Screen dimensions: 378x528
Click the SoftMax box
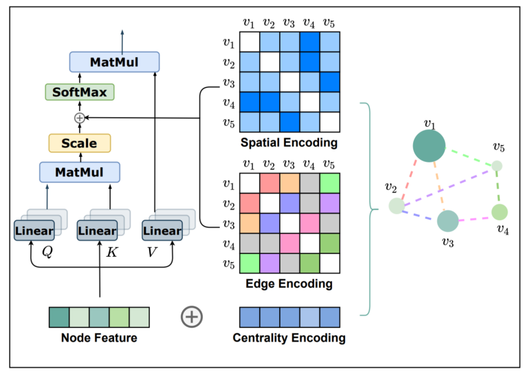[x=79, y=92]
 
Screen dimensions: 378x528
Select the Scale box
[x=79, y=143]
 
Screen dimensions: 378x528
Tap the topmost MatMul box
[x=114, y=63]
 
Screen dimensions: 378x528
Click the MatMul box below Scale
[x=79, y=171]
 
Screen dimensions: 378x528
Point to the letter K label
[x=112, y=252]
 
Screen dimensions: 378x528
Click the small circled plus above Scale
[x=79, y=118]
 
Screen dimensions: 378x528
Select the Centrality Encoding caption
[x=289, y=338]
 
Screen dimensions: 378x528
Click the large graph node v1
[x=430, y=147]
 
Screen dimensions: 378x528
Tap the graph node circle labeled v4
[x=500, y=212]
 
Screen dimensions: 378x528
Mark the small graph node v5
[x=496, y=166]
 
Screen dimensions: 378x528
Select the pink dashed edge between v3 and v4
[x=474, y=219]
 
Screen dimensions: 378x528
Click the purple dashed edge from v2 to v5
[x=447, y=186]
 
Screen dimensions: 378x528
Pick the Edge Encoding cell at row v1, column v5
[x=329, y=184]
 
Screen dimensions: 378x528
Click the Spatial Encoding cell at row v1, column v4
[x=309, y=43]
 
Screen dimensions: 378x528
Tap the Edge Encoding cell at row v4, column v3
[x=289, y=244]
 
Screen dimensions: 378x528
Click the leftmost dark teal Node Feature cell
[x=58, y=317]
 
